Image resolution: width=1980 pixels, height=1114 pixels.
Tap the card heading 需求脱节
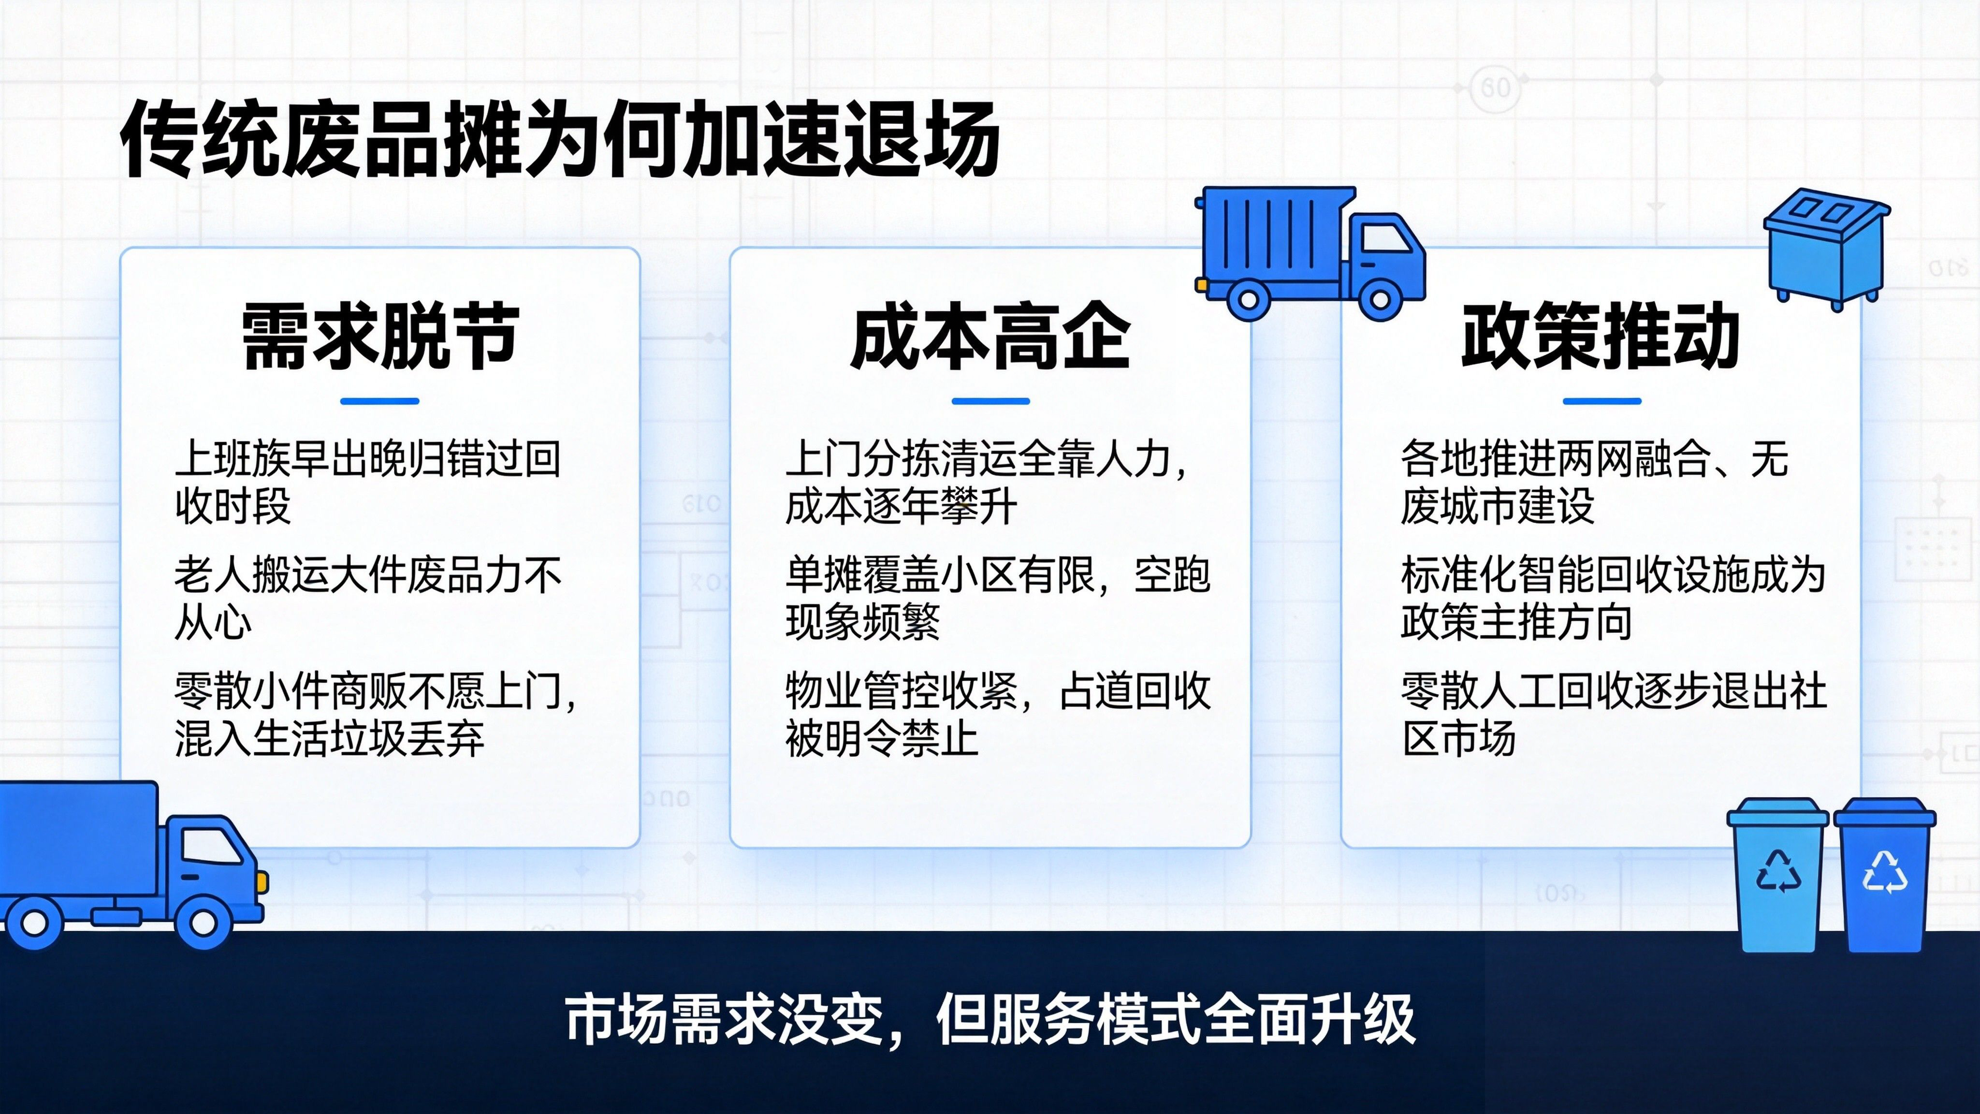(379, 336)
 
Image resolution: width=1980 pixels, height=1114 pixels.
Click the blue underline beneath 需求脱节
(379, 400)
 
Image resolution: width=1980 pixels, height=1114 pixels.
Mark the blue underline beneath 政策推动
(1602, 400)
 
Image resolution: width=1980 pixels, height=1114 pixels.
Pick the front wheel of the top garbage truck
(1380, 297)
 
